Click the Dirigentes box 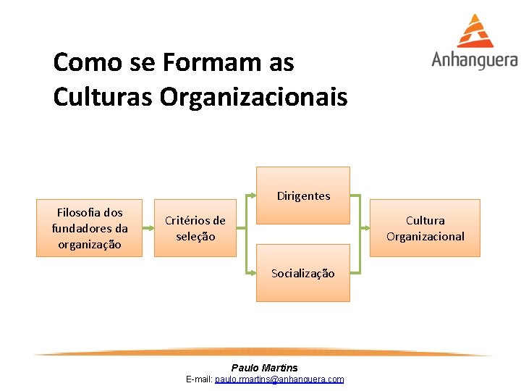[303, 195]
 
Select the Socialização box [303, 274]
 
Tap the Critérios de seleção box [195, 228]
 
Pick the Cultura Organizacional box [425, 228]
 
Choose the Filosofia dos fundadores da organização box [90, 228]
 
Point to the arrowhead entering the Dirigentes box [254, 195]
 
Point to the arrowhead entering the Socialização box [254, 274]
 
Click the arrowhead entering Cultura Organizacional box [365, 228]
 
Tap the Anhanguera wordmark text [475, 60]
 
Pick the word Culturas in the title [103, 96]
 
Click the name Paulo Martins [264, 368]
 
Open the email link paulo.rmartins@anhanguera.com [279, 379]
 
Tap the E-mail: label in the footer [199, 379]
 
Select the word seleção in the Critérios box [195, 237]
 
